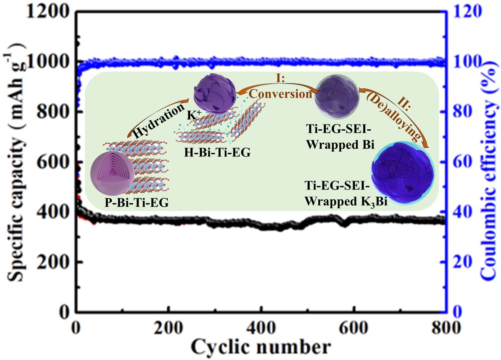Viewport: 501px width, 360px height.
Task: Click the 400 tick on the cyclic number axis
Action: click(x=261, y=327)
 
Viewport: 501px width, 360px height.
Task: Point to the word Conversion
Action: click(x=281, y=94)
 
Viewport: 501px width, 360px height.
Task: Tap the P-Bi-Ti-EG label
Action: click(x=137, y=202)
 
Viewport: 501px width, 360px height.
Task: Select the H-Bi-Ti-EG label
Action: click(x=217, y=153)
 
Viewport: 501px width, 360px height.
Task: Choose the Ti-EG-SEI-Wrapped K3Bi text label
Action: click(x=346, y=194)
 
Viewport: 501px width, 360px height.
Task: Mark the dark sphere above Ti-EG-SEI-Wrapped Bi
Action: click(x=337, y=95)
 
